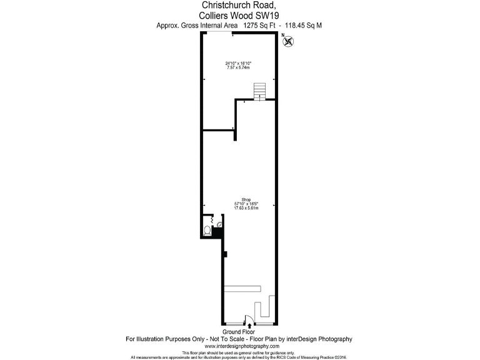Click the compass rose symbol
point(289,42)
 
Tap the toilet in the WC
point(207,231)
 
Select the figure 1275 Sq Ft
point(260,26)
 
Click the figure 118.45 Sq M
point(304,26)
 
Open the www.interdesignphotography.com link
point(239,346)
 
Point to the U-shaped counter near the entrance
point(266,306)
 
